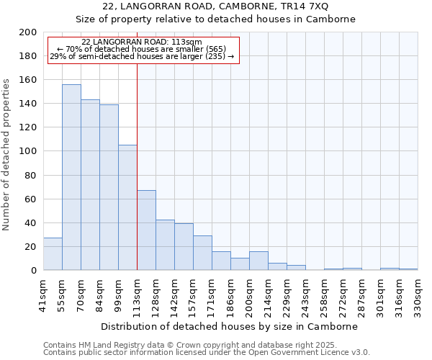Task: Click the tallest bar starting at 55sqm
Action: (x=71, y=177)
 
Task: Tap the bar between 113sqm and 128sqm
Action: (x=146, y=230)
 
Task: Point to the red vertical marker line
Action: (x=137, y=166)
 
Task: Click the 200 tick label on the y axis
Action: (x=28, y=32)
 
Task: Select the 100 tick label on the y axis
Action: (x=28, y=151)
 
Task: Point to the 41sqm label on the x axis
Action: (x=43, y=294)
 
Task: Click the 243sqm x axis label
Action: (x=305, y=296)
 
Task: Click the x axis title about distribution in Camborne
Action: (x=230, y=326)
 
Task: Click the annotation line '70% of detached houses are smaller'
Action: (x=142, y=49)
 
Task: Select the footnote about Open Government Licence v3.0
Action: (x=207, y=353)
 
